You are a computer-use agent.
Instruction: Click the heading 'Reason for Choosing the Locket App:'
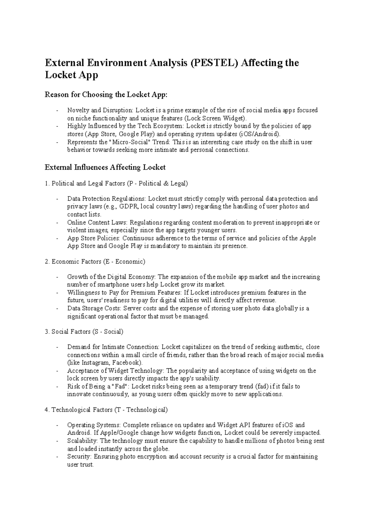pos(106,95)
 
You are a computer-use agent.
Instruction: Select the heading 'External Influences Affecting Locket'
pos(105,167)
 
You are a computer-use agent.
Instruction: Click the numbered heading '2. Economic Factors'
pos(95,262)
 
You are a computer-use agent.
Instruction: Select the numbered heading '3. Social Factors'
pos(84,332)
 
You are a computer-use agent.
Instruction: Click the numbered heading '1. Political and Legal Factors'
pos(116,184)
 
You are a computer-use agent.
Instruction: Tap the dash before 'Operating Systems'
pos(58,425)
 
